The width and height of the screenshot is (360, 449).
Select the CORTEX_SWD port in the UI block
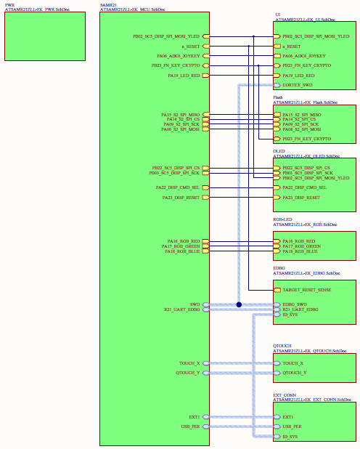coord(294,85)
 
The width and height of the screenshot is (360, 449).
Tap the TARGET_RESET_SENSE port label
coord(308,290)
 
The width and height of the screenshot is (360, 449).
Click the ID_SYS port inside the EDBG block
coord(290,315)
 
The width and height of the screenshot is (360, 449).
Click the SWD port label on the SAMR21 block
coord(195,304)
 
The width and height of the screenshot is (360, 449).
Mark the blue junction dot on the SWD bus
coord(239,304)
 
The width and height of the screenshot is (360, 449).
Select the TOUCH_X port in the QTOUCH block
coord(293,363)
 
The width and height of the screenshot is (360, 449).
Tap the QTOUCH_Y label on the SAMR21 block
coord(189,372)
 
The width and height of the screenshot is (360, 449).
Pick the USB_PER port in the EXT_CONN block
coord(293,426)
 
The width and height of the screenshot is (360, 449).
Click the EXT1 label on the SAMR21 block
coord(194,417)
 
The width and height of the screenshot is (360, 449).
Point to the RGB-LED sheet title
coord(283,219)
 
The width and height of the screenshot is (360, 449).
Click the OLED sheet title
coord(279,151)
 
